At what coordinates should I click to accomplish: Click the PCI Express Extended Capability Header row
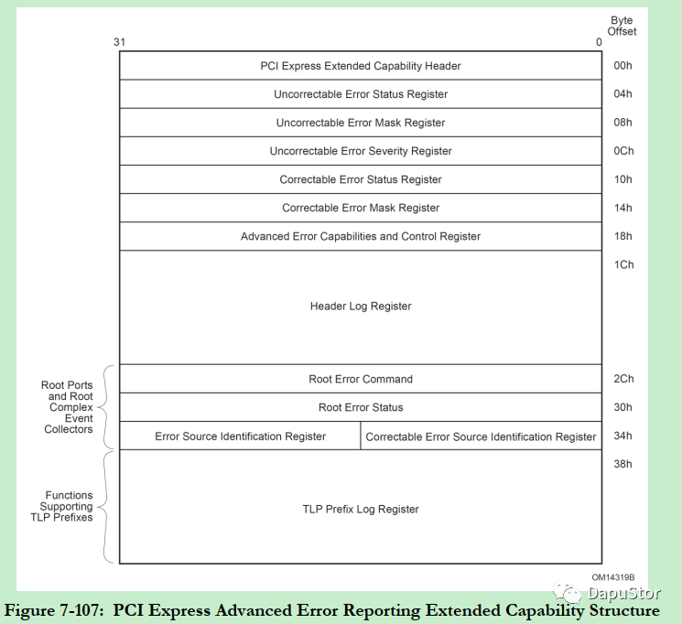pos(361,66)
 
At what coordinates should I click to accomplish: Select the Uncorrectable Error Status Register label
pos(361,94)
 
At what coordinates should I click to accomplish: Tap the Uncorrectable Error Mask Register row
pos(361,123)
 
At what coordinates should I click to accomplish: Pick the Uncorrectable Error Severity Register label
pos(361,151)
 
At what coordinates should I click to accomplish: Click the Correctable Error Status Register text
pos(361,179)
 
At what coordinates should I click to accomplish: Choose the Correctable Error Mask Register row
pos(361,208)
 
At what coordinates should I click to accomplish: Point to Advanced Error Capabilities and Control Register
pos(361,236)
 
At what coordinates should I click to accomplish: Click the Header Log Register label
pos(361,307)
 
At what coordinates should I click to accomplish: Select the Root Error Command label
pos(361,379)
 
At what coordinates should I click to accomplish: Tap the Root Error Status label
pos(361,407)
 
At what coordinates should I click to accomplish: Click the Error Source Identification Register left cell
pos(240,436)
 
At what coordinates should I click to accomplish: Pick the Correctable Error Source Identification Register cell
pos(481,436)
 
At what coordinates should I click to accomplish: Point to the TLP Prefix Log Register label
pos(361,509)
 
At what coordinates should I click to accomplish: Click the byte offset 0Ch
pos(623,151)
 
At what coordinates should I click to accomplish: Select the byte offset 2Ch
pos(623,379)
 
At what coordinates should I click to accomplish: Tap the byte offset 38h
pos(623,464)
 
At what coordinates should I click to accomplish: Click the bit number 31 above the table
pos(119,42)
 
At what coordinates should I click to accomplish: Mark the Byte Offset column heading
pos(622,26)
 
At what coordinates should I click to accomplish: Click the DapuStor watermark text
pos(623,593)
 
